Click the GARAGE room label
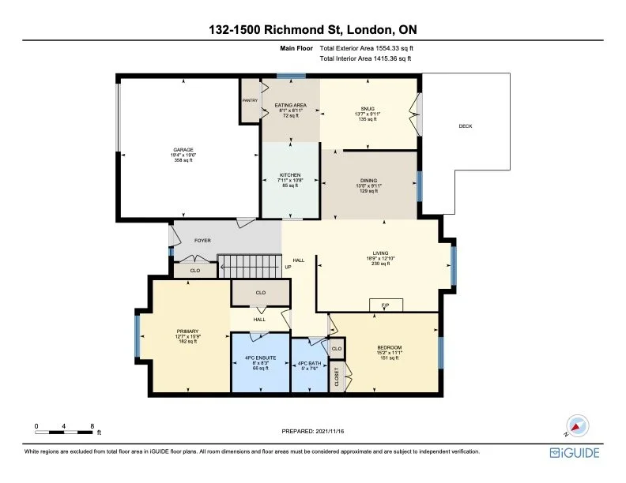point(183,149)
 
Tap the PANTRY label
point(249,100)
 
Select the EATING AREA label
point(290,105)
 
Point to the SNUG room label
point(367,108)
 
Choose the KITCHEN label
point(290,175)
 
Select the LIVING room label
point(377,253)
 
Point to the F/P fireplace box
point(386,305)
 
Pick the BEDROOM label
point(390,348)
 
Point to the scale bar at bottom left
point(64,431)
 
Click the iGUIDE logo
point(575,452)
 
